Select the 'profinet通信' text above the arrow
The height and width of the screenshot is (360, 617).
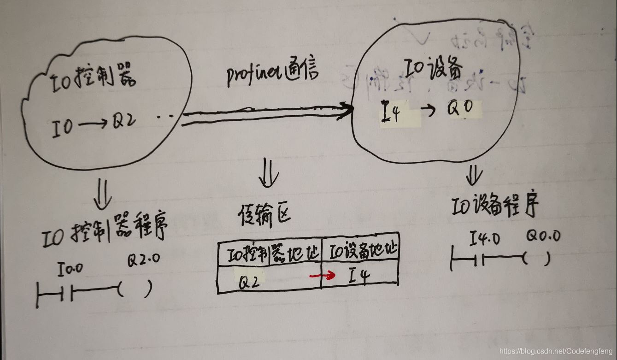coord(273,75)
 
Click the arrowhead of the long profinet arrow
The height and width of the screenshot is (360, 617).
coord(346,109)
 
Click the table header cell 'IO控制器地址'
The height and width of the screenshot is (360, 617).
coord(269,253)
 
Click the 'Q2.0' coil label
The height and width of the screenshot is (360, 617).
coord(143,260)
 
